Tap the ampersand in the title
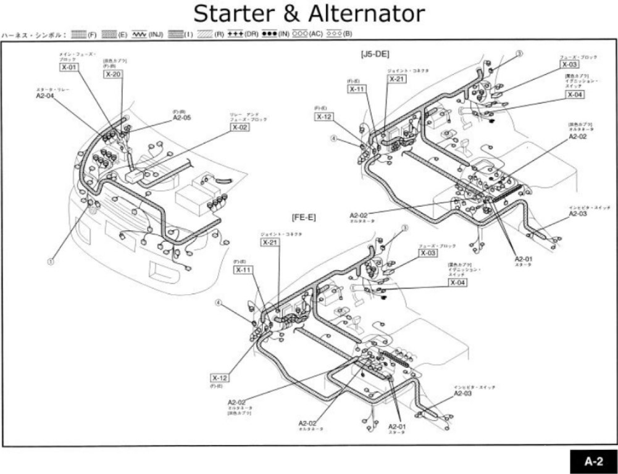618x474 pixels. pos(289,14)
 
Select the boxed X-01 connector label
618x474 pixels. pos(69,67)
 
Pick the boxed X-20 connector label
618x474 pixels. pos(113,74)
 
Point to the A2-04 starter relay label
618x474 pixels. pos(45,96)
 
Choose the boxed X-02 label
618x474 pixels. pos(240,127)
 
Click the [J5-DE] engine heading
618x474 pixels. pos(375,54)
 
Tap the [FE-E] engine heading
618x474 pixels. pos(304,217)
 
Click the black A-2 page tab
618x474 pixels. pos(593,460)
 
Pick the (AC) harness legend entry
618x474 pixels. pos(307,35)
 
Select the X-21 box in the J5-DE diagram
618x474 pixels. pos(397,80)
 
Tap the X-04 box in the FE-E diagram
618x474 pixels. pos(457,282)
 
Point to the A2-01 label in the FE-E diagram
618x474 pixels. pos(397,426)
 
